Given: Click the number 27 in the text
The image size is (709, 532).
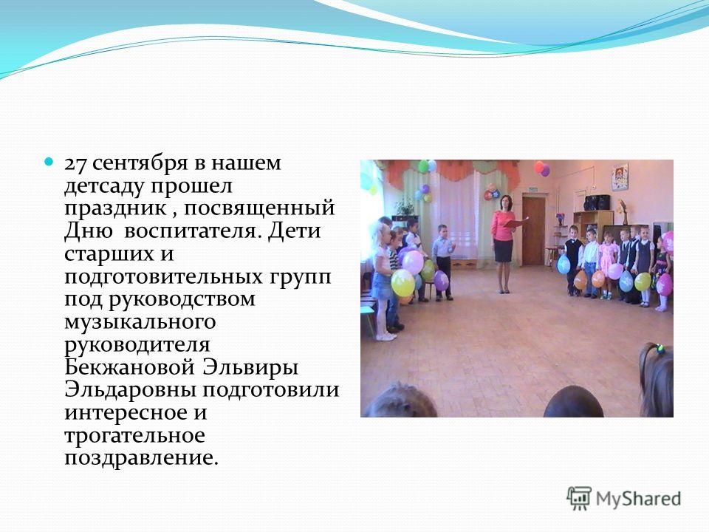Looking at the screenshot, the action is (x=76, y=164).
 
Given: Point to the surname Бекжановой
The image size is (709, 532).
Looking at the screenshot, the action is (x=130, y=367).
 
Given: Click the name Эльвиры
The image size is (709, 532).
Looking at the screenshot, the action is (x=250, y=368).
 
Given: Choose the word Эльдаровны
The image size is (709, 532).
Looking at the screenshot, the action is (x=131, y=389).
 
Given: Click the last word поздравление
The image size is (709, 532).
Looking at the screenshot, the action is (x=142, y=458).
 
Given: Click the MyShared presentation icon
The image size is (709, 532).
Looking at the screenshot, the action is (x=579, y=498).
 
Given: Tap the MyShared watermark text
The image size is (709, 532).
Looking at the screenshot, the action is (x=638, y=499).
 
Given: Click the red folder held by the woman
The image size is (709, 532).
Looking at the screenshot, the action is (x=515, y=222).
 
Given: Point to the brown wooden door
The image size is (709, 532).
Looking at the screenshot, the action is (x=533, y=231).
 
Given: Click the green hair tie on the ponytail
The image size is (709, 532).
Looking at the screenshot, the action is (x=660, y=348).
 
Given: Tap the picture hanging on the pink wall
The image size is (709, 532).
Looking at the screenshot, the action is (x=620, y=177).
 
